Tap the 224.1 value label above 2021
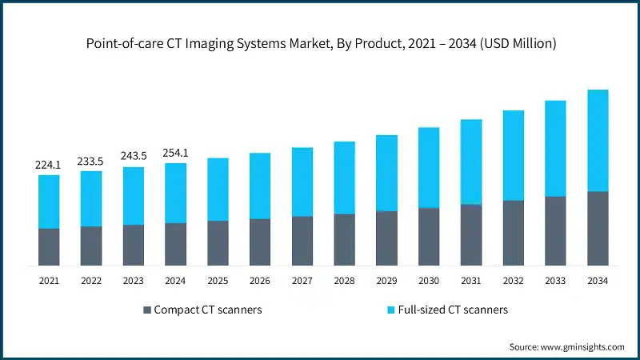coord(49,165)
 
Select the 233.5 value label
coord(91,161)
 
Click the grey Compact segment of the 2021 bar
coord(49,246)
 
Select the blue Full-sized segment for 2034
coord(598,140)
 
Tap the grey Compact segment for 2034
coord(598,228)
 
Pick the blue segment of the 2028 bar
coord(345,178)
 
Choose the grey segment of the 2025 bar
coord(218,242)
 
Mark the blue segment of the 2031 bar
coord(471,162)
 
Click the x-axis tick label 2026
coord(260,281)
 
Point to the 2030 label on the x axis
coord(429,281)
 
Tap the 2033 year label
coord(555,281)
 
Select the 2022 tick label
coord(91,281)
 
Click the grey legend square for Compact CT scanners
coord(146,310)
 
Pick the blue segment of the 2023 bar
coord(134,195)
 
